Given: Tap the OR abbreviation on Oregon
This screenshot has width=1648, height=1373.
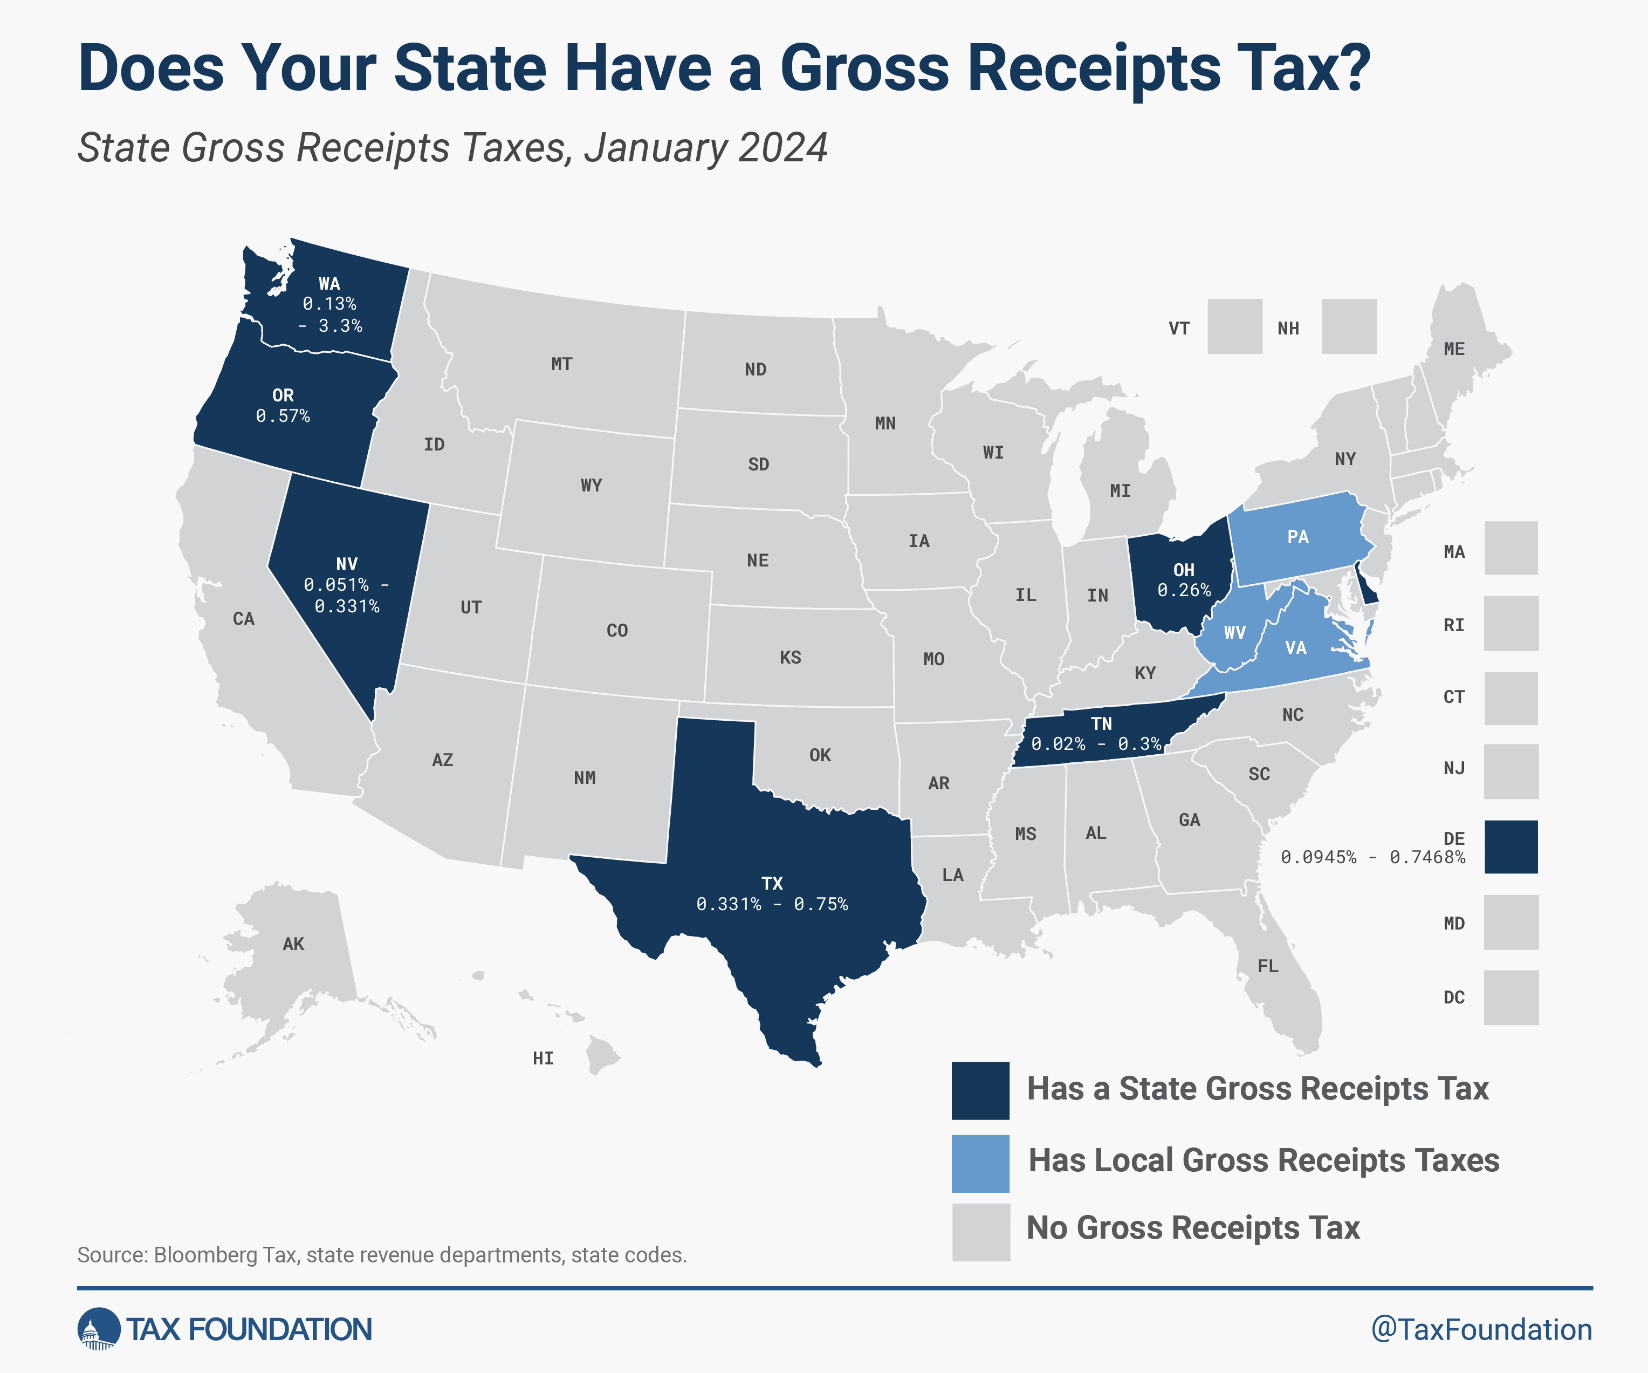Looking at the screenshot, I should click(283, 395).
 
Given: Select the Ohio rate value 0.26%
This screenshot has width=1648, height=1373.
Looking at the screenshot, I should click(1184, 590).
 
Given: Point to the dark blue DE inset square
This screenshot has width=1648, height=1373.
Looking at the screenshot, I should click(1510, 847).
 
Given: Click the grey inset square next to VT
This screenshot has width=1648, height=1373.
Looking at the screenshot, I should click(1234, 326).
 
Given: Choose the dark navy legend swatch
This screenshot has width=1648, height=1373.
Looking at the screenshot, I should click(980, 1090).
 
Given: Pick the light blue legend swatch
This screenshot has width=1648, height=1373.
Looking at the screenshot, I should click(980, 1163).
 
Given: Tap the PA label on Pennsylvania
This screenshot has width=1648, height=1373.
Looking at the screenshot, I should click(1298, 537).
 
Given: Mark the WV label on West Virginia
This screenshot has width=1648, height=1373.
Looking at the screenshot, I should click(1234, 633).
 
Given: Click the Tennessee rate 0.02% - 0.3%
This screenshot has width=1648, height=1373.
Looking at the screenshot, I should click(1096, 744).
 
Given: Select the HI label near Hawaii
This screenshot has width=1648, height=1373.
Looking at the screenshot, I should click(543, 1058).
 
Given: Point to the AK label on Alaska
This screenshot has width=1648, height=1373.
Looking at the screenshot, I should click(293, 944).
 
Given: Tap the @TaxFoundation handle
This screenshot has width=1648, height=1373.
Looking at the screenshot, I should click(1481, 1330).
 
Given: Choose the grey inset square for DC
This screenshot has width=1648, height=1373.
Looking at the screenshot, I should click(1510, 997).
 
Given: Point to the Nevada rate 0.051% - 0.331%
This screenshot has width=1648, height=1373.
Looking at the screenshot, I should click(346, 595).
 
